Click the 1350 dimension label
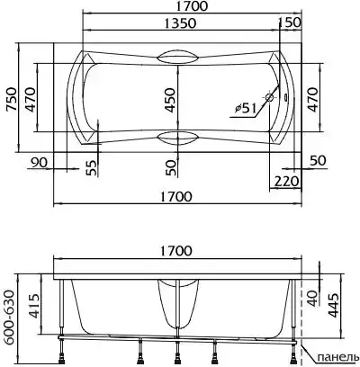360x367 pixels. [x=180, y=23]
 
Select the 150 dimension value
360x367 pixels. [x=290, y=22]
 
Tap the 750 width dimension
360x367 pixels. [x=11, y=100]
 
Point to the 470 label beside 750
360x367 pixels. [x=30, y=100]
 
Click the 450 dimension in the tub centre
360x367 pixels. [x=170, y=100]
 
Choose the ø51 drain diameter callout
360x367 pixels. [x=246, y=108]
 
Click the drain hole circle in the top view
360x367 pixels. [x=269, y=97]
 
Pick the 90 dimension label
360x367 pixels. [x=39, y=162]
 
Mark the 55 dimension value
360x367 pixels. [x=92, y=168]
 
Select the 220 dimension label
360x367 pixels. [x=287, y=182]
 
